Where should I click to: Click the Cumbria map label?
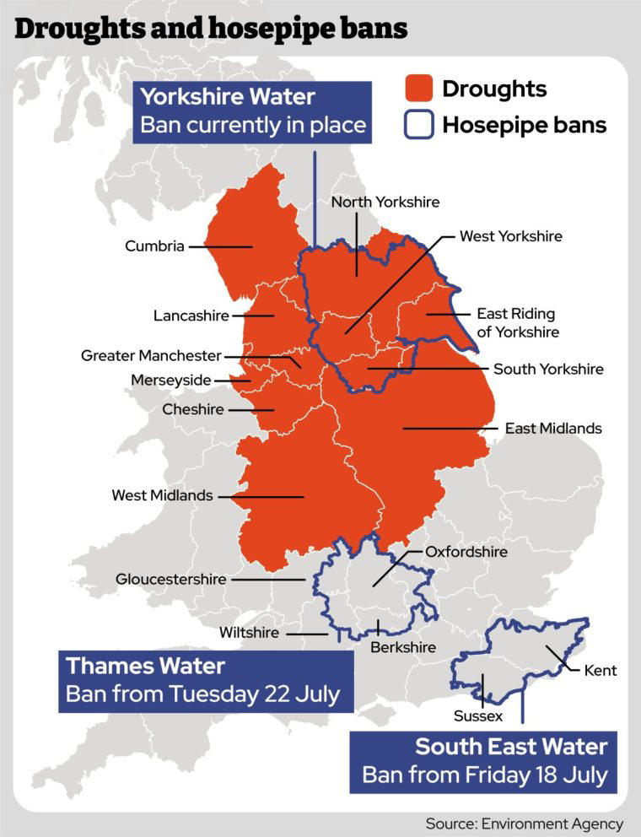tap(154, 246)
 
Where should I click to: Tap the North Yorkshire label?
tap(385, 202)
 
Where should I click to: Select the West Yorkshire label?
tap(510, 236)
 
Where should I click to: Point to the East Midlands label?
tap(553, 428)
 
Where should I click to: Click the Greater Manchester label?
tap(151, 355)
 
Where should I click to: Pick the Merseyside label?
tap(170, 380)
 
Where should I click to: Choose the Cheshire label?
tap(193, 409)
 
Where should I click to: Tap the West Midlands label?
tap(162, 495)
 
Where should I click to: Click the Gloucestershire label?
tap(171, 579)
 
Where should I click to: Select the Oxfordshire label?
tap(466, 552)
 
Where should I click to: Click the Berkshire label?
tap(403, 647)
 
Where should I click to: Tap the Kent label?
tap(600, 671)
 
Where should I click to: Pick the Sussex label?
tap(478, 715)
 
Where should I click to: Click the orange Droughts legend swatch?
tap(418, 89)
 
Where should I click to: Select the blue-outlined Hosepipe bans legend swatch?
tap(418, 125)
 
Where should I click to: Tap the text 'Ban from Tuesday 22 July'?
tap(202, 694)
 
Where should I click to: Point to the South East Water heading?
tap(511, 747)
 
